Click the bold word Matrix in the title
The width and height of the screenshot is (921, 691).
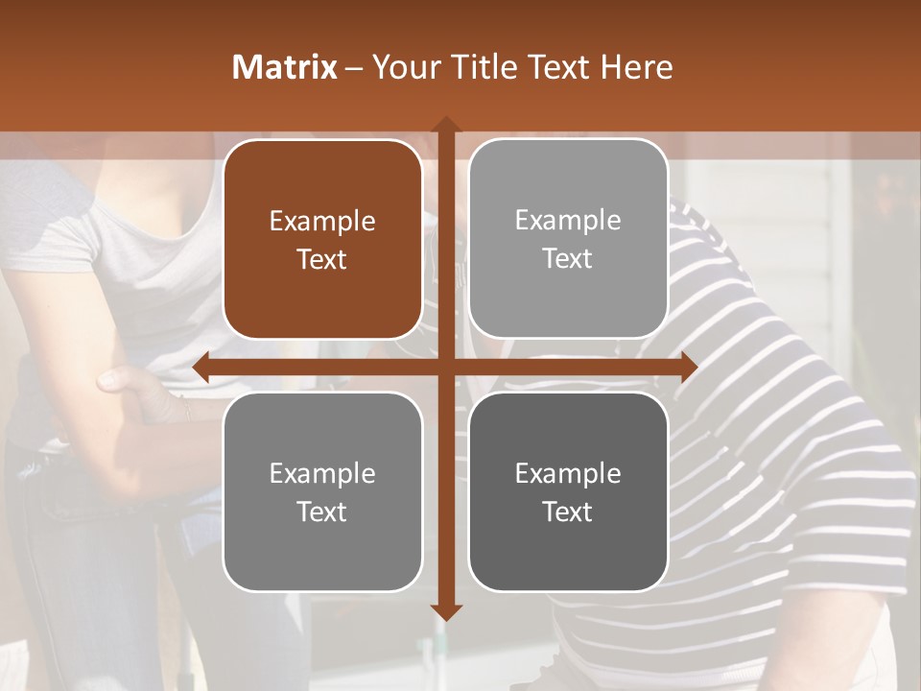tap(284, 67)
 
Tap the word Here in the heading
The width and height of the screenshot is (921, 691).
tap(636, 67)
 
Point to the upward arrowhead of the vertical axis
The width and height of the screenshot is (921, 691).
tap(445, 124)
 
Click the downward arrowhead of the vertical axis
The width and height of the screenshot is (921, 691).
tap(445, 611)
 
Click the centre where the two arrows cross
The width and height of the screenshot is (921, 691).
tap(445, 367)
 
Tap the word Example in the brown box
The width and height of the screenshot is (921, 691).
tap(322, 222)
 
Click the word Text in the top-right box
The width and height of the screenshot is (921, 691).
tap(568, 259)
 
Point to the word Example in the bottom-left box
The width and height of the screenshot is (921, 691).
tap(322, 473)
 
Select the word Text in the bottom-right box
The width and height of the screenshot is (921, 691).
tap(568, 512)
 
